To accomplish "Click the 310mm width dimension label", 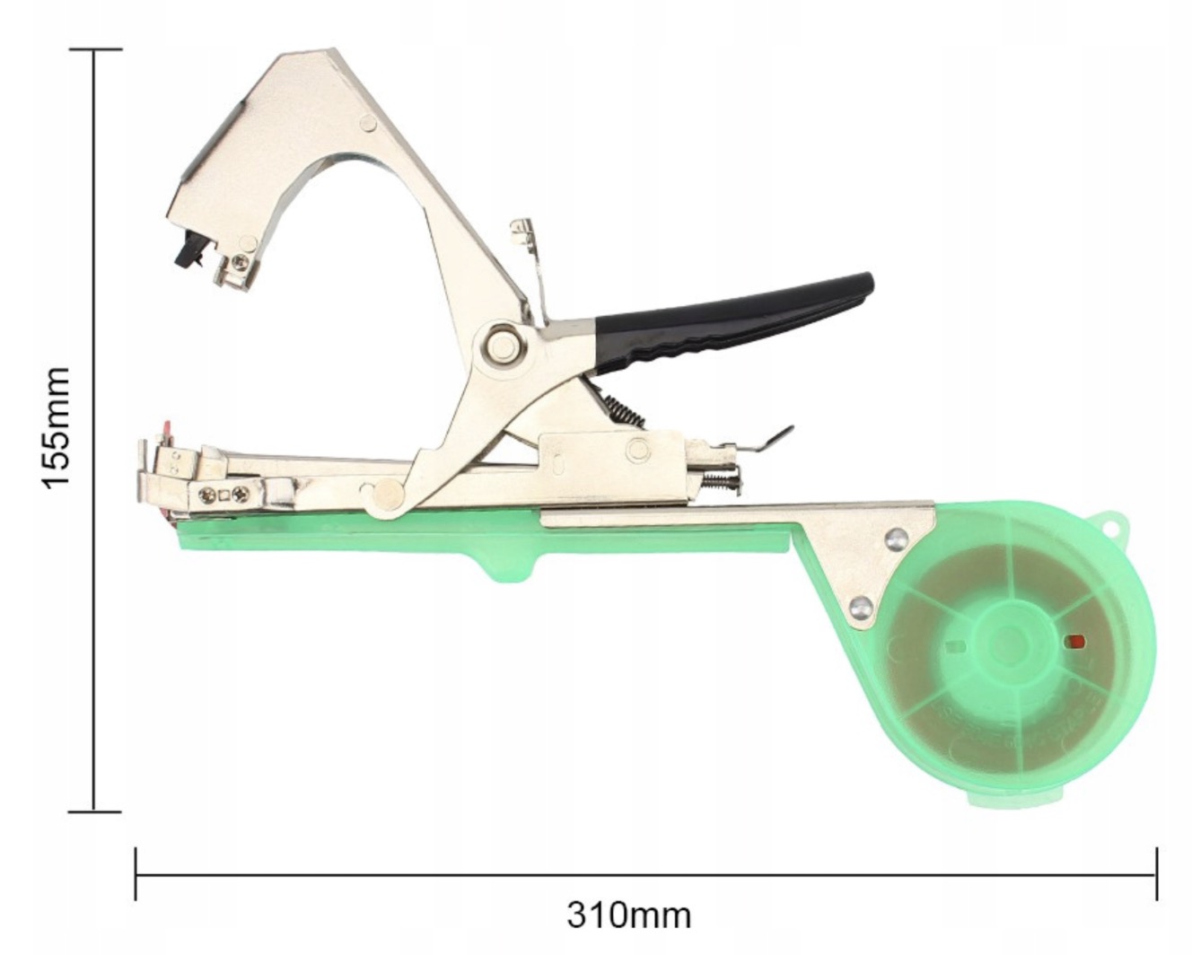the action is pos(628,916).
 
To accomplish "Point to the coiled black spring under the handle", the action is pos(623,408).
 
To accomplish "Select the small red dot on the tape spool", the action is pos(1076,642).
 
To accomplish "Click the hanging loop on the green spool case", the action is pos(1107,521).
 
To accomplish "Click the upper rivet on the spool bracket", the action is pos(897,538).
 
